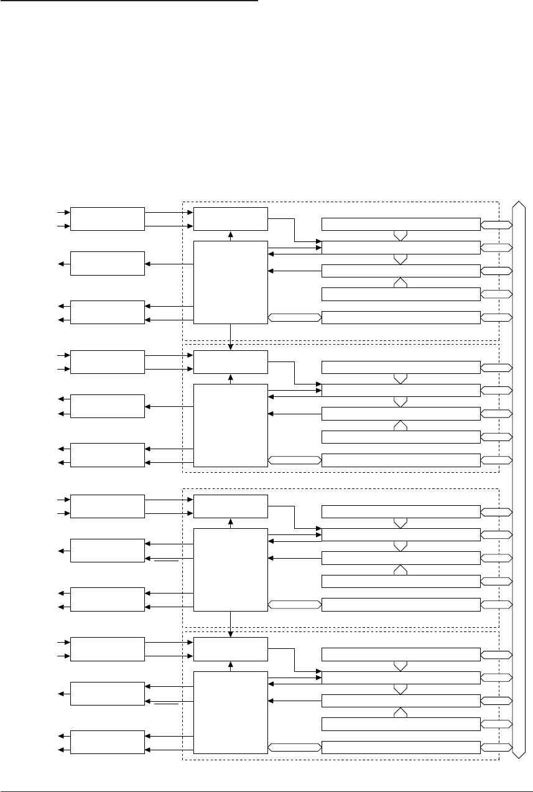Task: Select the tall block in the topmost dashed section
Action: [231, 282]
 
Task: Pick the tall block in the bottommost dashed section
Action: [231, 713]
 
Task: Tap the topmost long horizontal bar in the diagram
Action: [401, 224]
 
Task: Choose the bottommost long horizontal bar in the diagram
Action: [401, 747]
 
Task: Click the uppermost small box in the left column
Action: [108, 219]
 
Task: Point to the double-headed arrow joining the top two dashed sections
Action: [231, 337]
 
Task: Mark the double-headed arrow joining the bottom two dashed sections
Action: [231, 624]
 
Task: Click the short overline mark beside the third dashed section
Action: [167, 561]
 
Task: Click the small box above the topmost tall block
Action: [231, 218]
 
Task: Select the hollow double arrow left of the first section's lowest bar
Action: [295, 318]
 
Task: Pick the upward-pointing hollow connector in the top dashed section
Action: [401, 282]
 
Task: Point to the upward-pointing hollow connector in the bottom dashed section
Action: [401, 713]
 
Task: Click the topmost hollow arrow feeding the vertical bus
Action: [496, 224]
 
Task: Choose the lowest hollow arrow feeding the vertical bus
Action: [496, 747]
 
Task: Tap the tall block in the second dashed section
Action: [231, 425]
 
